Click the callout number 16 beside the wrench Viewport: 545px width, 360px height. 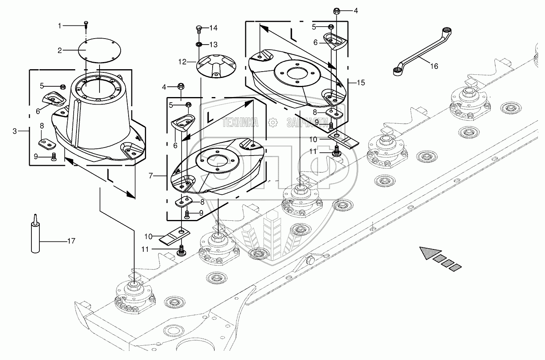click(x=434, y=66)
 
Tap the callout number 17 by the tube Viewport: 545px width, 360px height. click(x=71, y=241)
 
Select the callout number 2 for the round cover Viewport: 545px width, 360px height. click(x=60, y=50)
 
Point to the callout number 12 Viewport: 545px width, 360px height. click(x=182, y=62)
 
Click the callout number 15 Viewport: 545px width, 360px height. click(x=361, y=83)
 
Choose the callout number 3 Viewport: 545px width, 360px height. click(x=15, y=131)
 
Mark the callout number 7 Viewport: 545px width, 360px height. click(x=150, y=175)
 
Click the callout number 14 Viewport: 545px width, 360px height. click(x=213, y=28)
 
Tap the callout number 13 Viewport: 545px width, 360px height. click(x=213, y=45)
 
